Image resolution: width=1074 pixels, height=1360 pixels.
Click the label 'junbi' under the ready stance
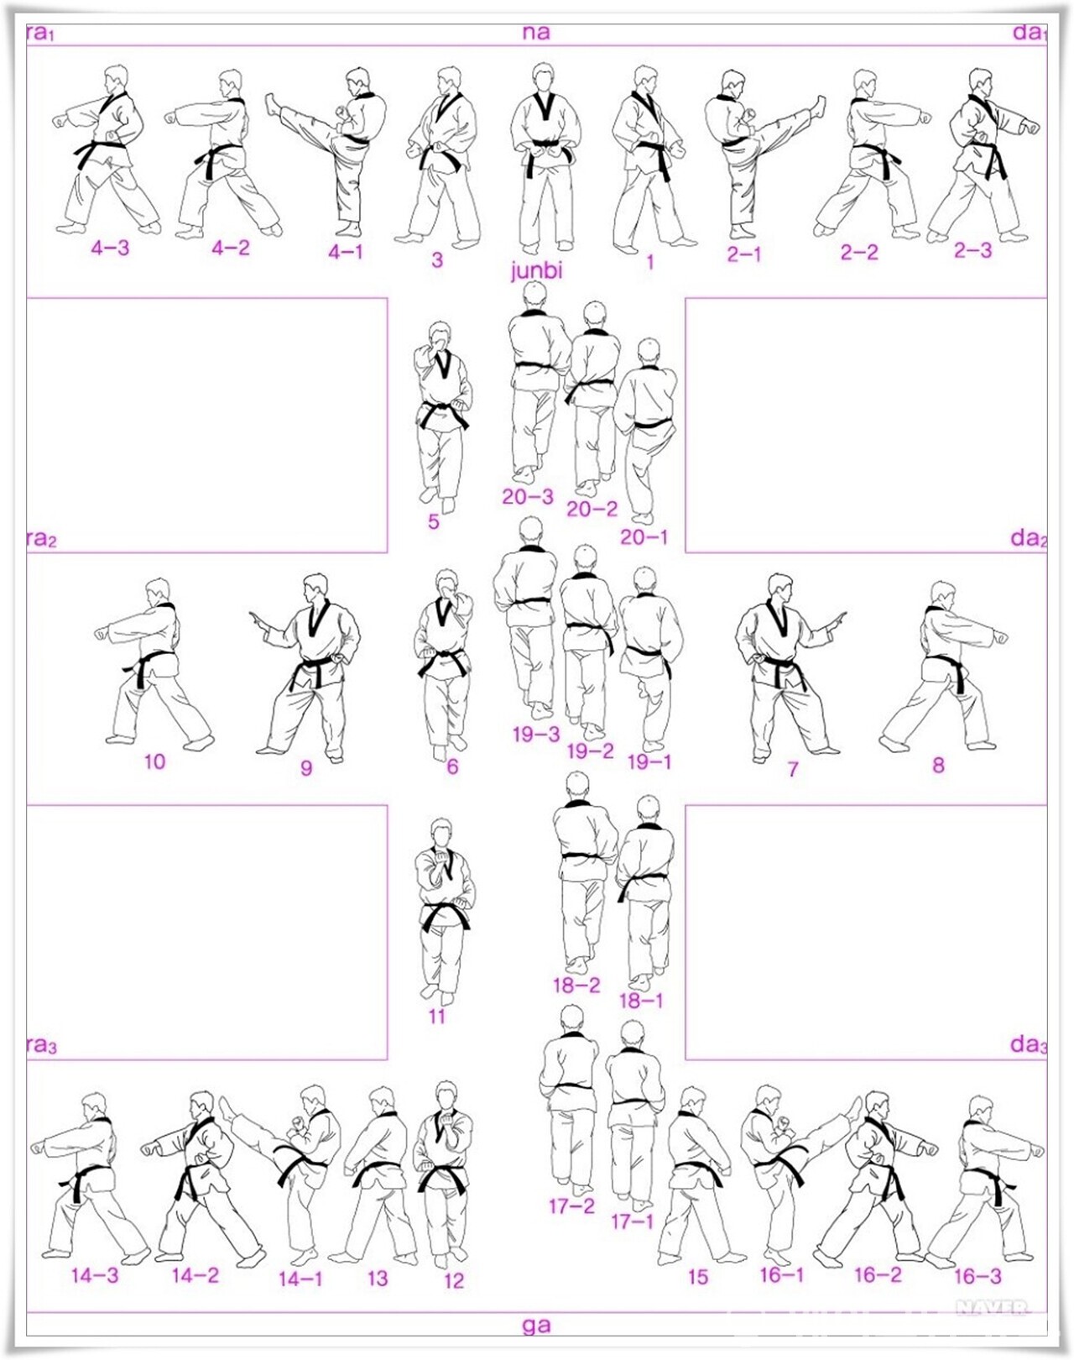[x=536, y=271]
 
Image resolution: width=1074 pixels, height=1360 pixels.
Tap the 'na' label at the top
[x=535, y=33]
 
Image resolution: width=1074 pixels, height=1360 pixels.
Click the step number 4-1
[x=346, y=252]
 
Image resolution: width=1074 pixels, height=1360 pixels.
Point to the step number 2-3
[x=973, y=251]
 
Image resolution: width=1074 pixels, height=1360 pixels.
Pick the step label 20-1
[x=644, y=537]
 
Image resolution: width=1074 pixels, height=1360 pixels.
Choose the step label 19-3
[x=536, y=735]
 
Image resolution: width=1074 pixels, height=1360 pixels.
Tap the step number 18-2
[x=576, y=986]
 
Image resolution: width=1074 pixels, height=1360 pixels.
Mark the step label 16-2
[x=878, y=1274]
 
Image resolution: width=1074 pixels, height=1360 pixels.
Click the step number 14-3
[x=95, y=1274]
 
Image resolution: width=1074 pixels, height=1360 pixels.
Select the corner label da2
[x=1029, y=538]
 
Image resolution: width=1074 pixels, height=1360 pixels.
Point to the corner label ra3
[x=42, y=1045]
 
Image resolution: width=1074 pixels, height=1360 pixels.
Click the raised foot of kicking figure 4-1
[x=272, y=103]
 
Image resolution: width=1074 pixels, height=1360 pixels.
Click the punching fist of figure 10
[x=101, y=632]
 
